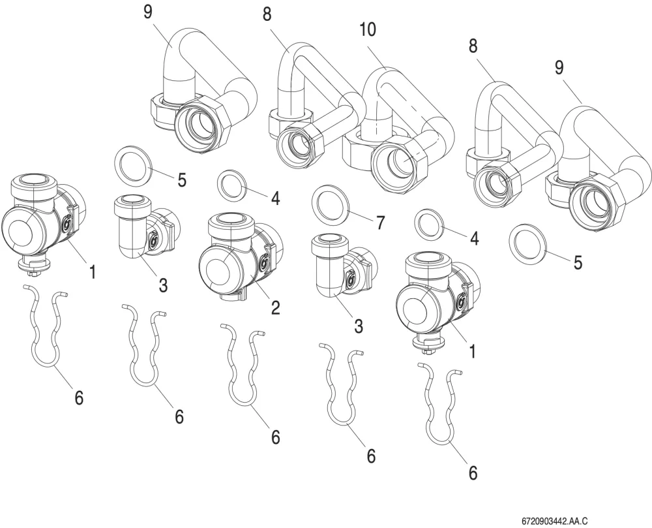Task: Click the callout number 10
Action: coord(368,29)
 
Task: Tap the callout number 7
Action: coord(381,223)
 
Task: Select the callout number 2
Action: coord(275,307)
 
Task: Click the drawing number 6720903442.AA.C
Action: coord(555,521)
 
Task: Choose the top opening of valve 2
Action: coord(230,221)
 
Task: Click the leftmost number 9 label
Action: coord(148,12)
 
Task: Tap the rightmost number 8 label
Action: coord(473,46)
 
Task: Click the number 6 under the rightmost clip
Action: coord(473,473)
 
